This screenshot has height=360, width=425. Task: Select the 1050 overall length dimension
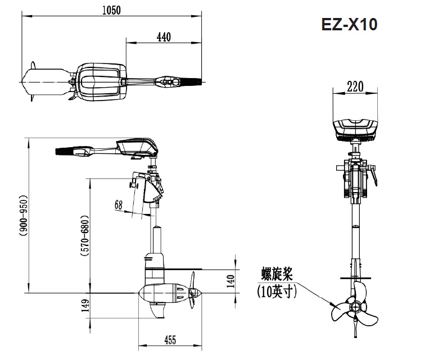[x=111, y=10]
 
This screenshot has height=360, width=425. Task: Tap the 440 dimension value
[x=163, y=37]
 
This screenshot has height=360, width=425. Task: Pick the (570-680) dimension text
[x=84, y=235]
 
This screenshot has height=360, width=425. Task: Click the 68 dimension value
[x=118, y=205]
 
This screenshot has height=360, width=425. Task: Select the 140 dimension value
[x=229, y=279]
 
